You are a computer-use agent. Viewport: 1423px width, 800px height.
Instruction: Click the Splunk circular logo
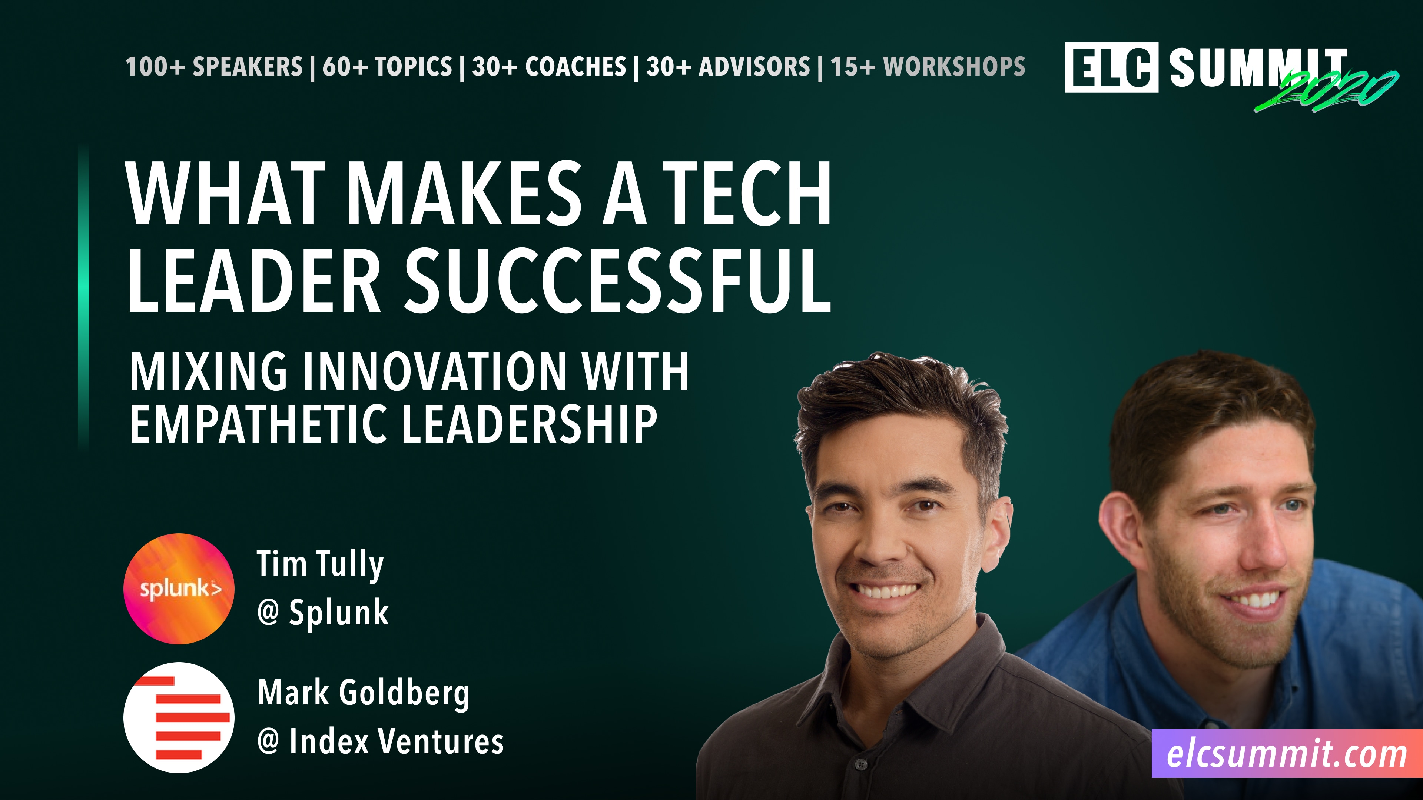[x=178, y=589]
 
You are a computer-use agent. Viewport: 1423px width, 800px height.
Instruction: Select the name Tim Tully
[x=320, y=564]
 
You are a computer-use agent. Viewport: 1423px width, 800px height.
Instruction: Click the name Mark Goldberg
[x=364, y=693]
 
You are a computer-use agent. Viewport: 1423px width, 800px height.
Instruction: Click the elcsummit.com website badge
[x=1287, y=754]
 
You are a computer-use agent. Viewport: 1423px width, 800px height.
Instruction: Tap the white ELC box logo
[x=1111, y=67]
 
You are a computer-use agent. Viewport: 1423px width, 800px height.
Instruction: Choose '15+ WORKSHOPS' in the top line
[x=928, y=67]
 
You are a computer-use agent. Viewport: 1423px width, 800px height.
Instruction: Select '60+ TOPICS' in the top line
[x=387, y=67]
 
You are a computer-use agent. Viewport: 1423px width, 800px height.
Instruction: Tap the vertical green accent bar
[x=83, y=298]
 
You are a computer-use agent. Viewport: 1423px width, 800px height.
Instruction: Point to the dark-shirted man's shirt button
[x=860, y=764]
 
